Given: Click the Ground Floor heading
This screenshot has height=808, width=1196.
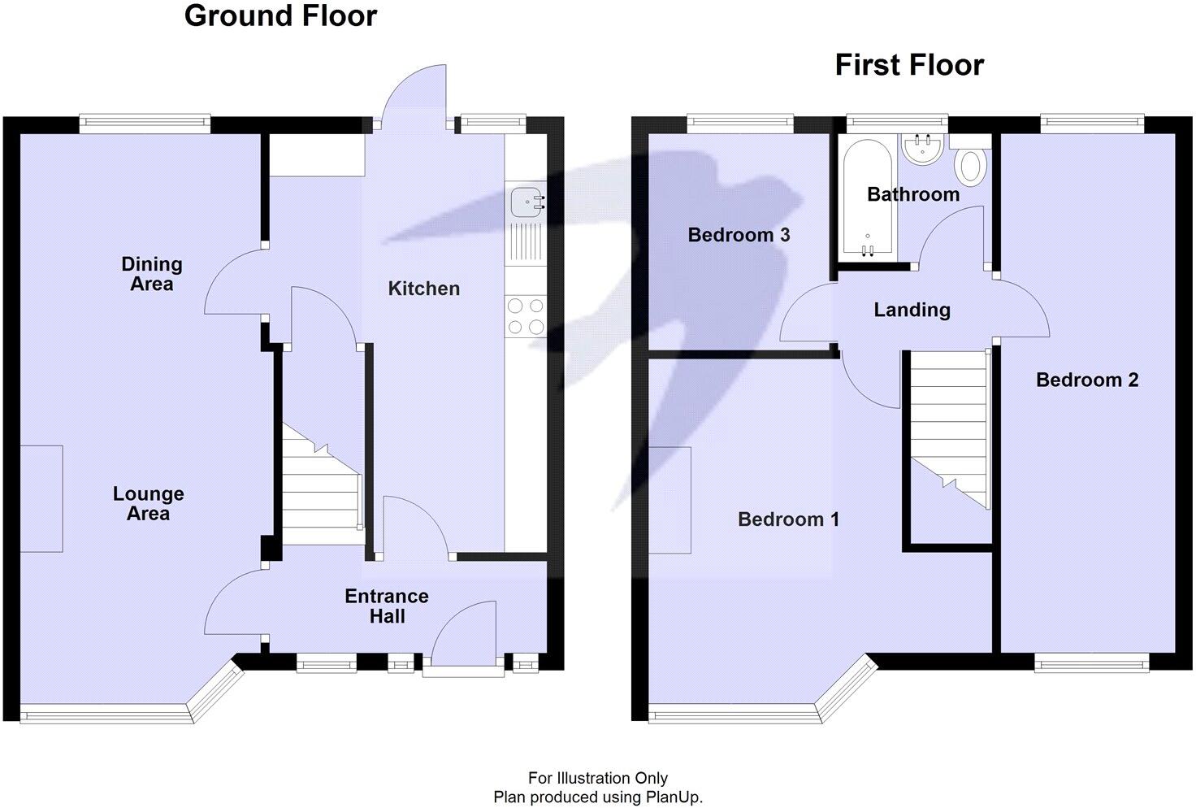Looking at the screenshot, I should pos(280,15).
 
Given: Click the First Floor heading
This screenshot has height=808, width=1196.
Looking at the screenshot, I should pos(909,65).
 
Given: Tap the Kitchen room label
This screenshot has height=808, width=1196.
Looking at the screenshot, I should pos(423,289).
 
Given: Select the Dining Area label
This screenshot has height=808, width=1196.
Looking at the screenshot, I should pos(152,274).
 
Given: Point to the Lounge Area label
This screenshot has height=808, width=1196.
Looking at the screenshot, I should pos(148,503).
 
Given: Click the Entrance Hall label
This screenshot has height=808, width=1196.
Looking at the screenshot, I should pos(387,606).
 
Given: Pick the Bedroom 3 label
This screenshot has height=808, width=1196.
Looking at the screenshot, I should pos(739,235).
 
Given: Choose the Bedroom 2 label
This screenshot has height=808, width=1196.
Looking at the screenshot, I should pos(1087,380).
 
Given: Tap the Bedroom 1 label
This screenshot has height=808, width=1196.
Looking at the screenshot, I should pos(788,519).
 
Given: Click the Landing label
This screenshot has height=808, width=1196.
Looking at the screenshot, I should pos(912,310).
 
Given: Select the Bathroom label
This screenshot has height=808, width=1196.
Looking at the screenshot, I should pos(913,194).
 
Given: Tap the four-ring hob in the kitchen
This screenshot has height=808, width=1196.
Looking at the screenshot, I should pos(526,316).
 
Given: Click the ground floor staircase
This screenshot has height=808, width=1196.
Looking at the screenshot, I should pos(322,488).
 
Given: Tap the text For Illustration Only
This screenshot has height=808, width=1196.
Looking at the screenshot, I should pos(598,779).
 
